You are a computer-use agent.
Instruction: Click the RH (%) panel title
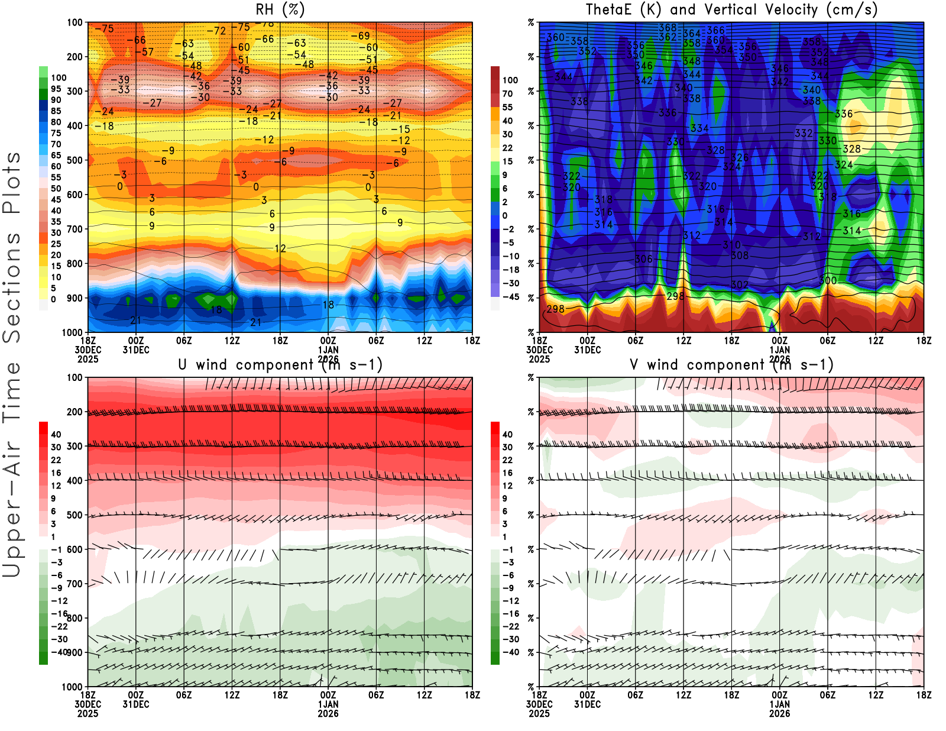280,9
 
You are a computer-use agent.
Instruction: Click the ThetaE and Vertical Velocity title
731,9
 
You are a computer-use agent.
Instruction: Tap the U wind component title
280,364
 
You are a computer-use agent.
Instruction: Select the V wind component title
731,364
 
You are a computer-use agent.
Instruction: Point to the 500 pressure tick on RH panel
75,160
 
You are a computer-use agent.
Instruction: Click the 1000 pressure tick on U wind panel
73,687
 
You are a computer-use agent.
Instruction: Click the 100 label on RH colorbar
59,77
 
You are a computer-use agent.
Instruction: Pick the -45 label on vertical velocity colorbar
511,297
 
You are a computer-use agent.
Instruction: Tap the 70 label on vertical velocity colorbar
507,93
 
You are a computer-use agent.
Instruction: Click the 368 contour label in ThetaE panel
668,28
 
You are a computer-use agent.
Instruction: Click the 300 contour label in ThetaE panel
828,280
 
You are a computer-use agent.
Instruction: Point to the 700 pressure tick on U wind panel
75,584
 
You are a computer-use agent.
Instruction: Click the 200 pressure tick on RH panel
75,57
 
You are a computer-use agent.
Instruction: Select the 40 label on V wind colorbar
507,434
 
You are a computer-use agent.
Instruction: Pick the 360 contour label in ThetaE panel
556,37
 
